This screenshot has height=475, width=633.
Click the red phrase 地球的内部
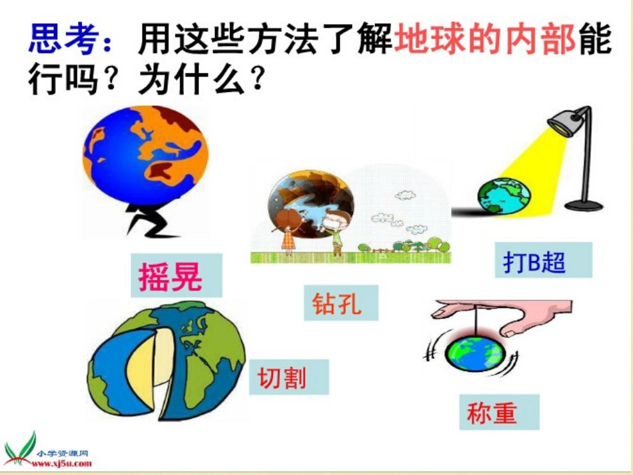485,39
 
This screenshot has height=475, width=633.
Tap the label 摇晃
171,275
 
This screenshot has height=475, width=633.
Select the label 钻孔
337,303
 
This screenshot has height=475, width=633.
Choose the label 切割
283,378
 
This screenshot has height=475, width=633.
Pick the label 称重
492,413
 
